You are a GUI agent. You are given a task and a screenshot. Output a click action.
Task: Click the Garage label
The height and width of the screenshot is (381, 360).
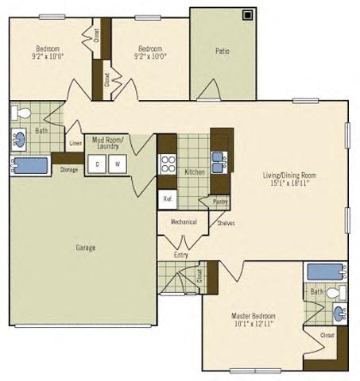pos(86,248)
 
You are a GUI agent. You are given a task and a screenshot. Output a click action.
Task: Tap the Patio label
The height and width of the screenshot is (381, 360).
pos(223,52)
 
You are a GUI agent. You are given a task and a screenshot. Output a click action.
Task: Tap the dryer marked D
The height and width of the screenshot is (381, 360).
pos(97,164)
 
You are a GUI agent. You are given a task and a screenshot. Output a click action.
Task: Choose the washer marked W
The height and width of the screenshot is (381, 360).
pos(117,164)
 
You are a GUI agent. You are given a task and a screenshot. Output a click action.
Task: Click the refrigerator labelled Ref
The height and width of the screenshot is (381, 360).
pos(167,199)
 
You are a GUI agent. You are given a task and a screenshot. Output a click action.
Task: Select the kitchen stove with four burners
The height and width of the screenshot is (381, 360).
pos(168,164)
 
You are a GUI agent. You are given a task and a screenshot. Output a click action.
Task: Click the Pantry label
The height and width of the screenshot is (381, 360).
pos(219,202)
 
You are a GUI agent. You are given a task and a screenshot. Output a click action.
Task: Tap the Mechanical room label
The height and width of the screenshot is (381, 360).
pos(184,222)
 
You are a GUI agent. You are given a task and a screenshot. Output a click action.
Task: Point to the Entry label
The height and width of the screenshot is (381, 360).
pos(181,255)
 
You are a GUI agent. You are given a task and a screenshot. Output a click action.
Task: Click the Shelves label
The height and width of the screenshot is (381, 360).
pos(226,223)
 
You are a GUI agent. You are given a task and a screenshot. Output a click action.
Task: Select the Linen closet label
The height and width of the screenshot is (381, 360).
pos(75,144)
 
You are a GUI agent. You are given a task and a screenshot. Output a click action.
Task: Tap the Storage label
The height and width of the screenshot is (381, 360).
pos(68,169)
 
